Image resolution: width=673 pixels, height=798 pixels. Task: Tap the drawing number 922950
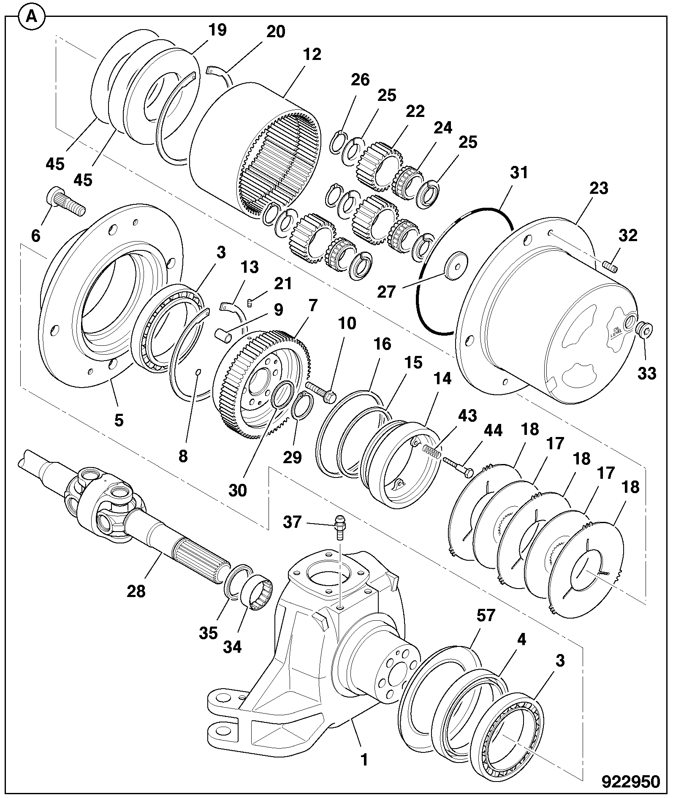pos(630,782)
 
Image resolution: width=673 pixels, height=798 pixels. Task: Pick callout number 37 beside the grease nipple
pos(292,522)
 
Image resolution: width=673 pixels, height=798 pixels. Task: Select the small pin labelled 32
pos(610,267)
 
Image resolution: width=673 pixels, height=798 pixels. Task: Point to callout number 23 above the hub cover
pos(598,188)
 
